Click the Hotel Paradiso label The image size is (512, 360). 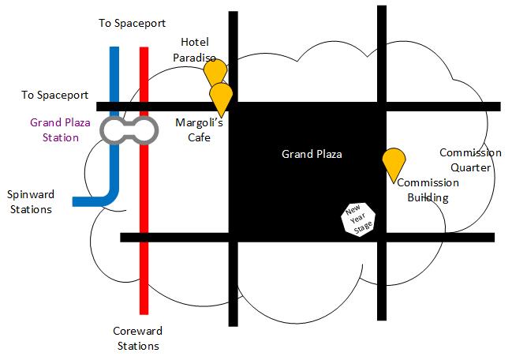coord(195,49)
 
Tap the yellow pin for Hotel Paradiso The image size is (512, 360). coord(215,70)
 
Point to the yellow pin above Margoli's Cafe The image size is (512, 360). coord(222,96)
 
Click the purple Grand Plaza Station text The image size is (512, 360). coord(54,129)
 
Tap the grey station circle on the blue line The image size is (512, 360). coord(115,130)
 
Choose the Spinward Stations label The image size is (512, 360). coord(29,201)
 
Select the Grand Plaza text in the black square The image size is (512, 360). coord(312,154)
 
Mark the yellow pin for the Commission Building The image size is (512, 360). coord(393,161)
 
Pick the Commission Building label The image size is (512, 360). coord(428,190)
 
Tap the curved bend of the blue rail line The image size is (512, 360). coord(113,195)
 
